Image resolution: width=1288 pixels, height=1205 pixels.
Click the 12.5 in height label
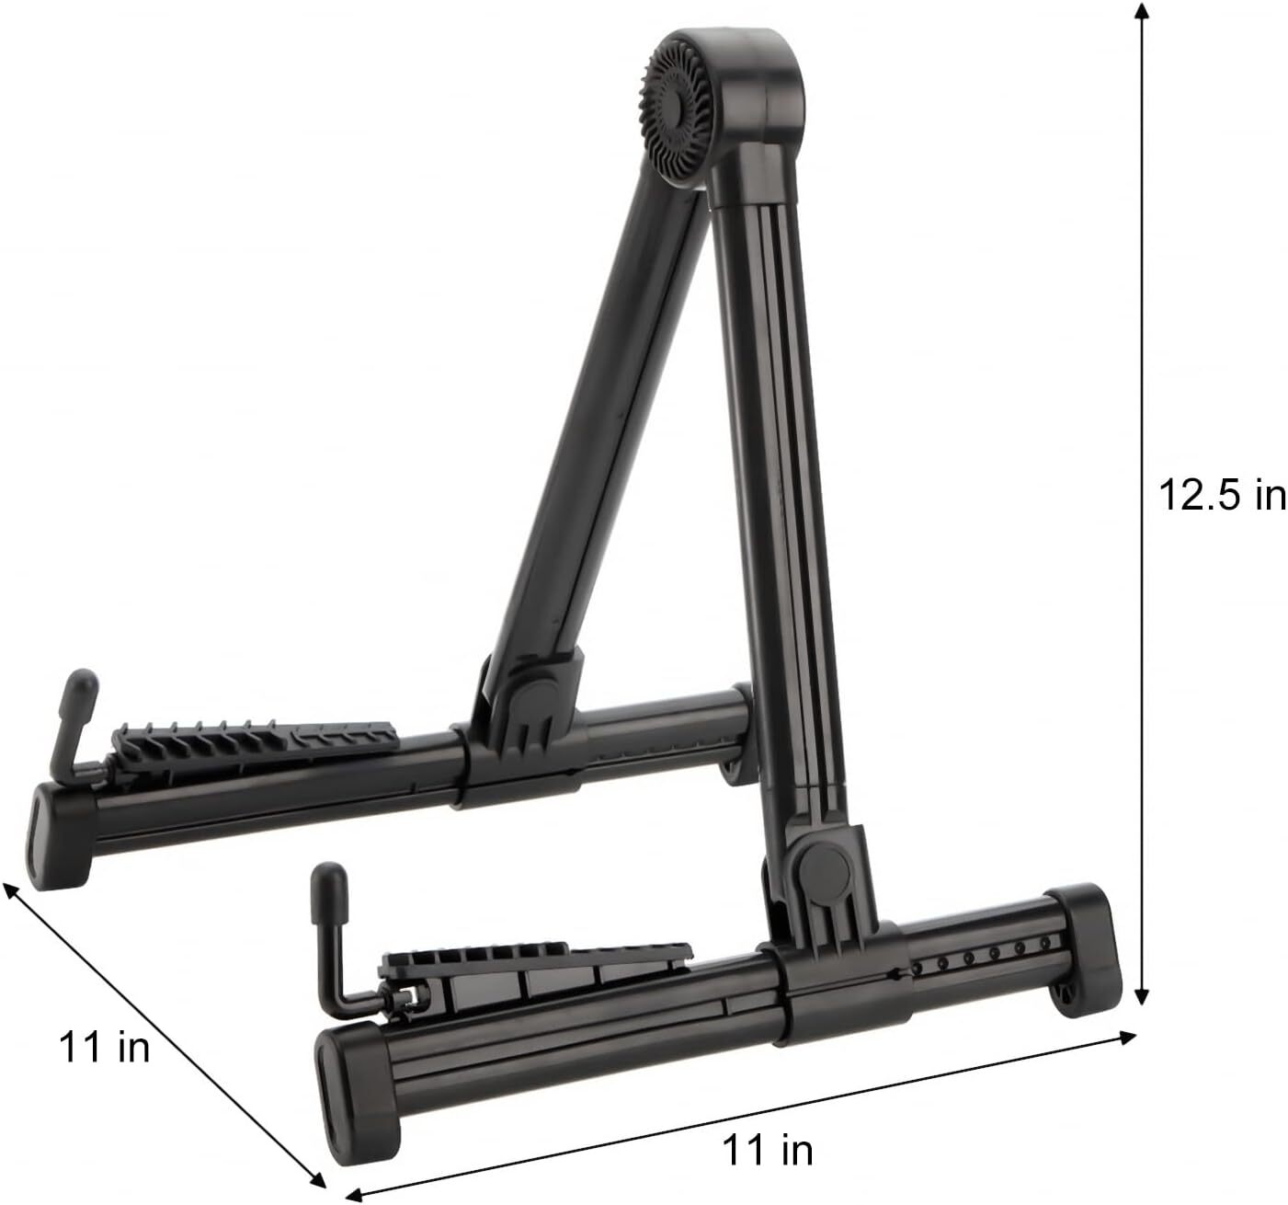coord(1221,496)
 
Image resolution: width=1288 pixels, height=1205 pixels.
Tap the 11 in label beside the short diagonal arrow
coord(104,1047)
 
